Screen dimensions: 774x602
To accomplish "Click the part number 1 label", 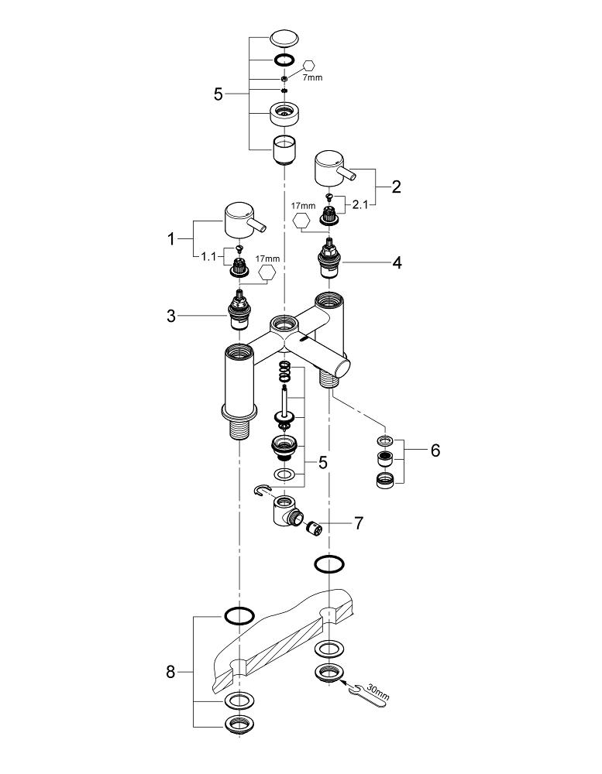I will point(172,239).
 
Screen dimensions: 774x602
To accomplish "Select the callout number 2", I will point(396,186).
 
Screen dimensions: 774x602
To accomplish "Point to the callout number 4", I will point(396,262).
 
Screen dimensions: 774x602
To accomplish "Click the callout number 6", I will point(435,450).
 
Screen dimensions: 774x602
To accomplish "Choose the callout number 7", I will point(358,524).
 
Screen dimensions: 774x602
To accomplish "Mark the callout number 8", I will point(171,672).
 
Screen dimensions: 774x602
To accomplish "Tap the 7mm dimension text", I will point(314,77).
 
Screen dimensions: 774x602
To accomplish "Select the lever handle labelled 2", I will point(332,170).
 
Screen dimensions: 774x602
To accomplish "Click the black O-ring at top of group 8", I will point(239,615).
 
